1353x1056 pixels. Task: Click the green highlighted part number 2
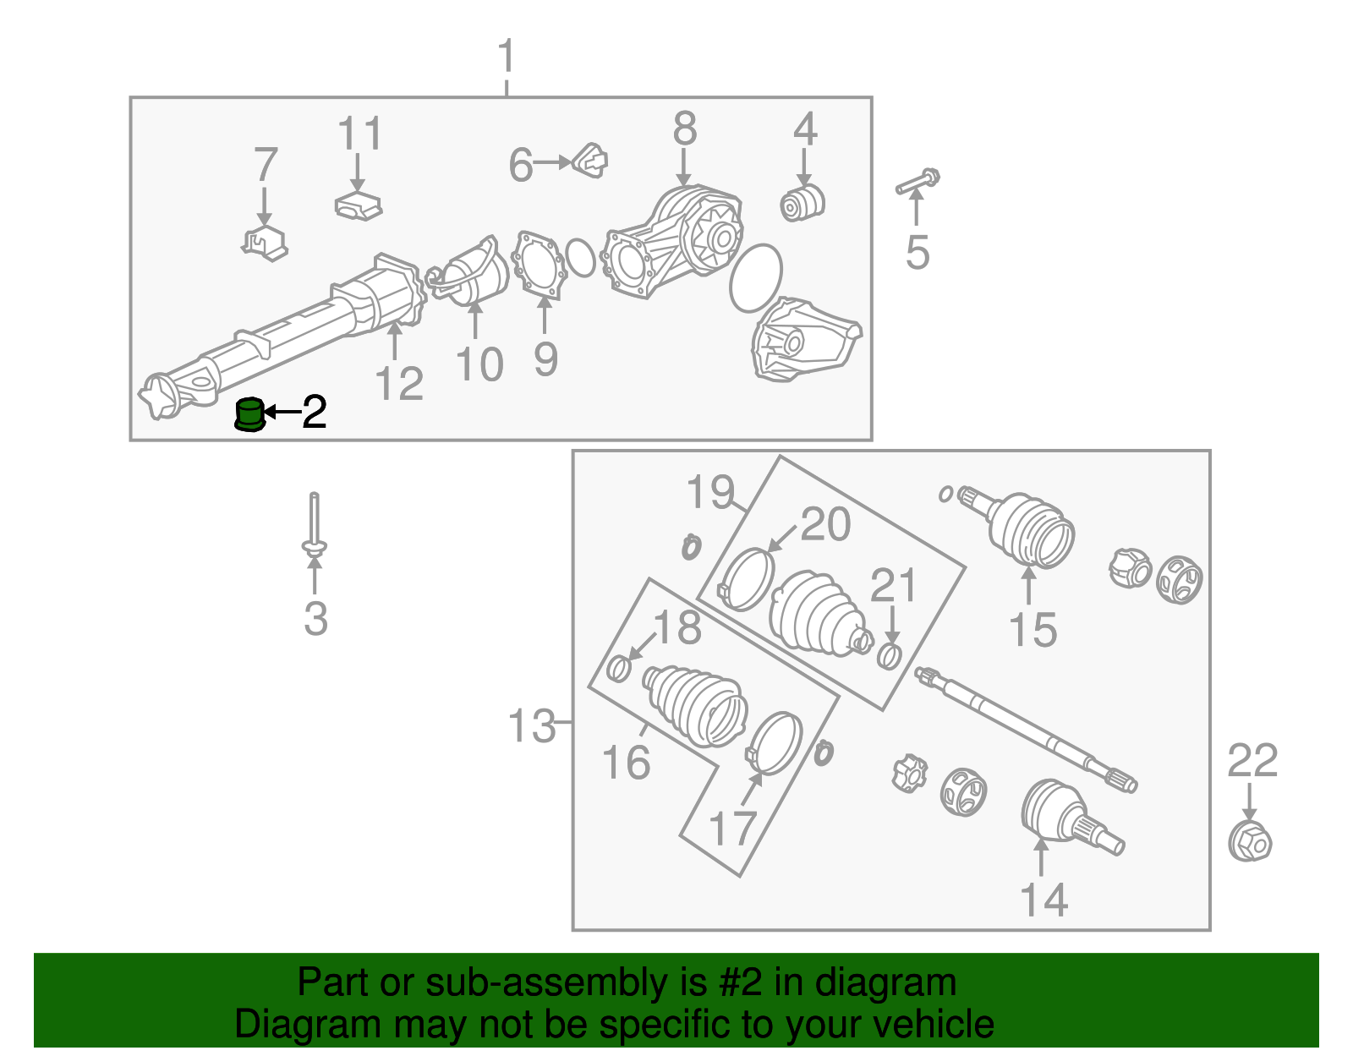(x=249, y=414)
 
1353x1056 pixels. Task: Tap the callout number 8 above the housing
(x=685, y=129)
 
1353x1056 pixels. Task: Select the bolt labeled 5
(x=918, y=181)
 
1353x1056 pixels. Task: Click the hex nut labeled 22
(x=1250, y=841)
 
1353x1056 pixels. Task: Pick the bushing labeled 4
(x=802, y=202)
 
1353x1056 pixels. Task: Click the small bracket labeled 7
(x=266, y=243)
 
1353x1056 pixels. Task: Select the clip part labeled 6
(x=589, y=161)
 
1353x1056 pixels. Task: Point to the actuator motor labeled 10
(x=468, y=271)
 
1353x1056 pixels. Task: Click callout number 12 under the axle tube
(x=399, y=383)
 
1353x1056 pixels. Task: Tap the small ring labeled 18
(x=620, y=668)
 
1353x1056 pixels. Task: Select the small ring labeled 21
(x=889, y=656)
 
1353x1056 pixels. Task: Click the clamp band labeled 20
(x=746, y=578)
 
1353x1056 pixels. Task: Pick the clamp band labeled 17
(x=774, y=744)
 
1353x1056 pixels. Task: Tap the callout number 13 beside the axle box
(x=531, y=725)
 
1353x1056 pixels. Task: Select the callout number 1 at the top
(x=507, y=56)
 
